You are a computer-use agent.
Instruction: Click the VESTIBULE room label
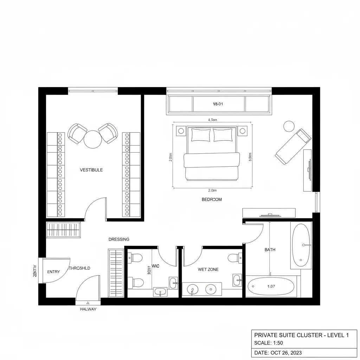[x=91, y=170]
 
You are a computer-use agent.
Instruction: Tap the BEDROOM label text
[x=212, y=199]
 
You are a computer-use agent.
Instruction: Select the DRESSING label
[x=119, y=239]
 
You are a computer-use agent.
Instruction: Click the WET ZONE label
[x=208, y=269]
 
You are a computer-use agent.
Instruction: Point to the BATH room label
[x=270, y=250]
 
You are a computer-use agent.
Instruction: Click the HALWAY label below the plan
[x=88, y=309]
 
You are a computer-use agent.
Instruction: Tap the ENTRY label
[x=53, y=272]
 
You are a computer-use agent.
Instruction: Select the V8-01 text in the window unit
[x=218, y=104]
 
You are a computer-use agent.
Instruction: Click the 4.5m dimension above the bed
[x=213, y=120]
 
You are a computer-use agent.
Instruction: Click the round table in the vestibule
[x=93, y=139]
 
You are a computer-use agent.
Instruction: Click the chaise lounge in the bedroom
[x=293, y=146]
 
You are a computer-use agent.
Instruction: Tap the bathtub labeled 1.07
[x=271, y=287]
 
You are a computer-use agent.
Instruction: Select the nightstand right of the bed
[x=242, y=131]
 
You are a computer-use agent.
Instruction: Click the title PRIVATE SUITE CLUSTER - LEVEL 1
[x=301, y=335]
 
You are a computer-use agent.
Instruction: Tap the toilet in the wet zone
[x=234, y=258]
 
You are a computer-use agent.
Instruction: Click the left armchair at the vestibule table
[x=77, y=133]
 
